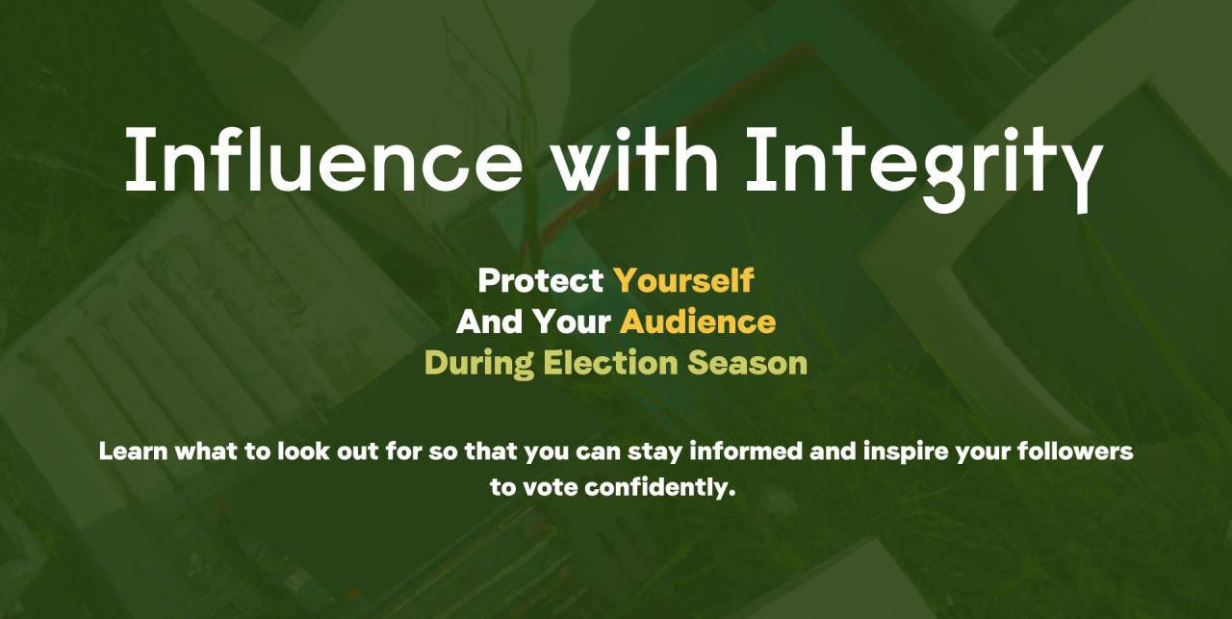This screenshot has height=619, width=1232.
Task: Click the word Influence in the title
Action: (324, 160)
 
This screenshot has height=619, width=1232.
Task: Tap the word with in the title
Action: (634, 160)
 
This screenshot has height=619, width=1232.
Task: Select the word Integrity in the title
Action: (925, 168)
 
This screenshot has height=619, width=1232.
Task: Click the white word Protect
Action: (541, 280)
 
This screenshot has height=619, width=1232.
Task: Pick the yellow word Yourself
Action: (683, 280)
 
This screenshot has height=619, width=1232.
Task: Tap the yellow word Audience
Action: (698, 322)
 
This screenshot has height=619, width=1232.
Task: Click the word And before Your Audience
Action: (489, 322)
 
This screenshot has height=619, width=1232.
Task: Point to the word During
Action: (479, 364)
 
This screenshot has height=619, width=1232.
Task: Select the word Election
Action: (610, 363)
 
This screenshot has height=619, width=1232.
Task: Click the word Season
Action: (748, 363)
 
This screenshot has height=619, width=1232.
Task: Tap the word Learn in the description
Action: (133, 451)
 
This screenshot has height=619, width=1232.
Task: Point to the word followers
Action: (1075, 451)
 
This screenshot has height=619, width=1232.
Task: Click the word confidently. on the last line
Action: (660, 488)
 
